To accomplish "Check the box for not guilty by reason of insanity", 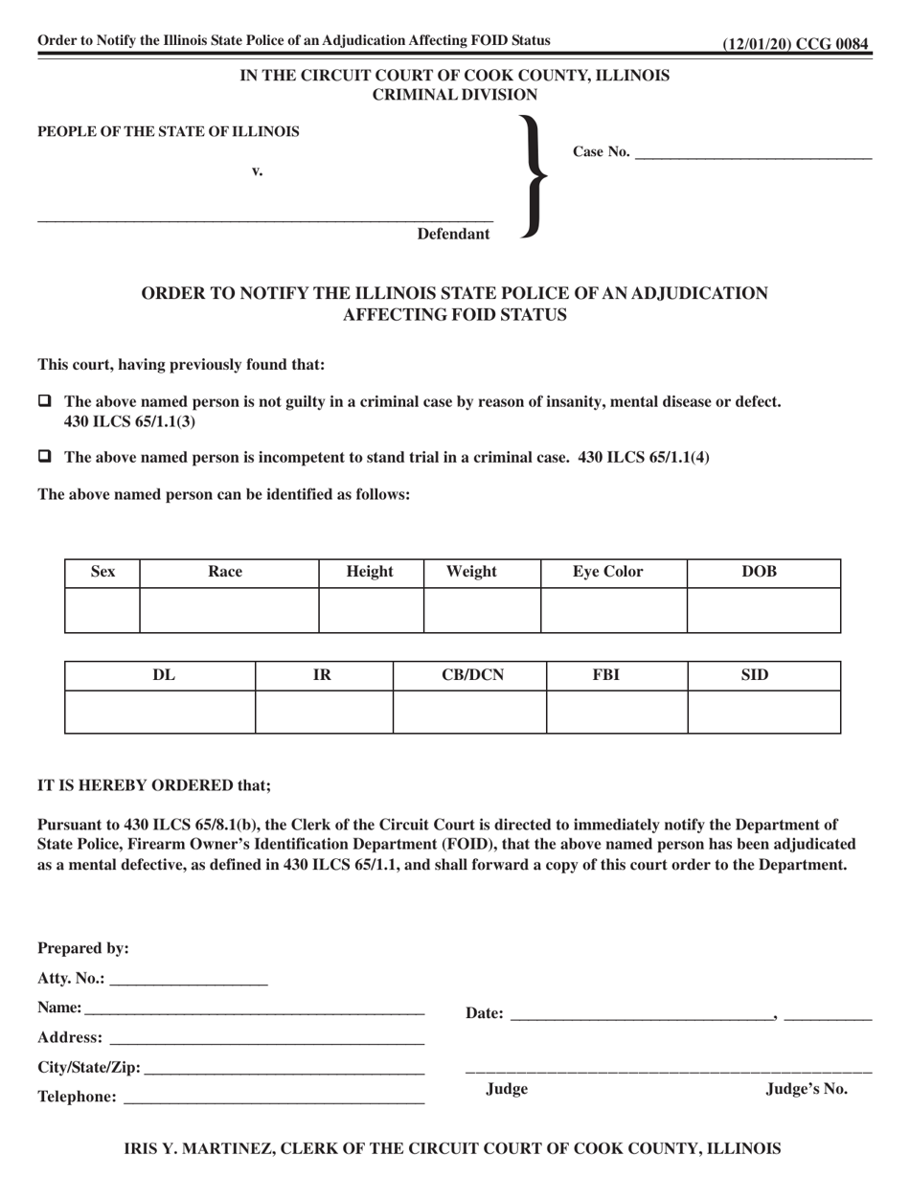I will pyautogui.click(x=44, y=401).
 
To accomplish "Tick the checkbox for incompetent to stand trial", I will pyautogui.click(x=44, y=457).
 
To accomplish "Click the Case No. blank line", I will pyautogui.click(x=753, y=153).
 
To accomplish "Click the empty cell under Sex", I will pyautogui.click(x=102, y=610).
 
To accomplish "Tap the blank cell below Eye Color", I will pyautogui.click(x=614, y=610).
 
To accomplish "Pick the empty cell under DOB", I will pyautogui.click(x=763, y=610).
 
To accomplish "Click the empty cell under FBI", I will pyautogui.click(x=617, y=712).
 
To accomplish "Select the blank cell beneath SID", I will pyautogui.click(x=763, y=712).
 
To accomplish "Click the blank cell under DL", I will pyautogui.click(x=160, y=712).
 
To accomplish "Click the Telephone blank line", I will pyautogui.click(x=274, y=1098).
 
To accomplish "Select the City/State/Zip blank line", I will pyautogui.click(x=284, y=1068).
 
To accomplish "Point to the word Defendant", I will pyautogui.click(x=453, y=234).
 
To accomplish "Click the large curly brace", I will pyautogui.click(x=533, y=175).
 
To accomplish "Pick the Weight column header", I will pyautogui.click(x=472, y=572).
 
